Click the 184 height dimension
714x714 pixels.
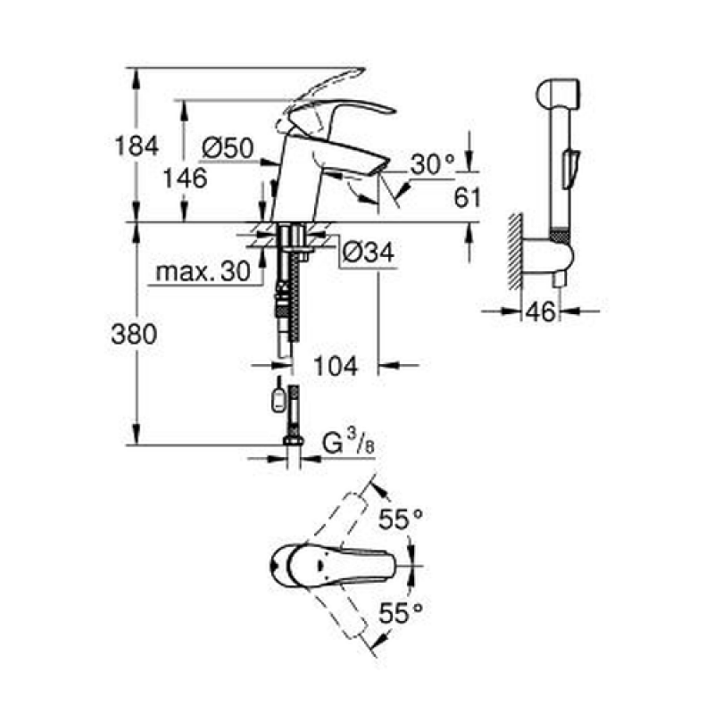tap(137, 145)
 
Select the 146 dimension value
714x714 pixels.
tap(185, 178)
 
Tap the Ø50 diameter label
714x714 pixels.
tap(228, 148)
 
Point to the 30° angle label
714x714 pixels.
tap(433, 164)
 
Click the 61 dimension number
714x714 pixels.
tap(467, 197)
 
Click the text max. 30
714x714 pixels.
tap(203, 271)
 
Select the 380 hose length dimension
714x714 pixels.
tap(134, 334)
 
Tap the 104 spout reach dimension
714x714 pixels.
tap(336, 366)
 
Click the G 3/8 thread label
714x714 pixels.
tap(348, 442)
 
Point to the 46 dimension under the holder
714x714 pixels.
tap(541, 311)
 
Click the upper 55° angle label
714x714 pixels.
tap(401, 519)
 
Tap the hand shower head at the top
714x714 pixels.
tap(559, 94)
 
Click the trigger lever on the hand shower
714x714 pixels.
tap(570, 168)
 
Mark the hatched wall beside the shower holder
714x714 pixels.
tap(516, 252)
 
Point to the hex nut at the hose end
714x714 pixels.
tap(294, 440)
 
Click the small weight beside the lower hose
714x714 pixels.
tap(278, 400)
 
